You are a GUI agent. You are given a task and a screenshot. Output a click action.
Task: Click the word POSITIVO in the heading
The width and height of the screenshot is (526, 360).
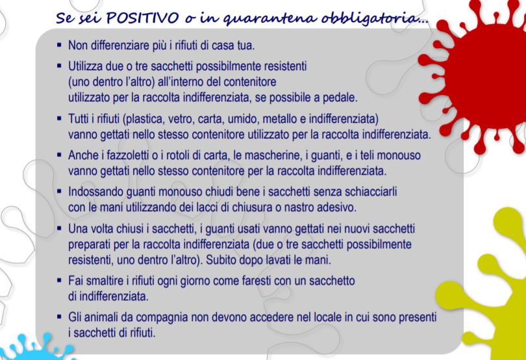(142, 18)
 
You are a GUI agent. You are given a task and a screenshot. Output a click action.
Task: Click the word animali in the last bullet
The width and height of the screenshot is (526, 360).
(102, 317)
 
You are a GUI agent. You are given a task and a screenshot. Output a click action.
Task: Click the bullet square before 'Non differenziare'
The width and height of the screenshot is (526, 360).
(59, 44)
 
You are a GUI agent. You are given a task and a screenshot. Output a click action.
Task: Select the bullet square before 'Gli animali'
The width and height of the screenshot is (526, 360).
(59, 316)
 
